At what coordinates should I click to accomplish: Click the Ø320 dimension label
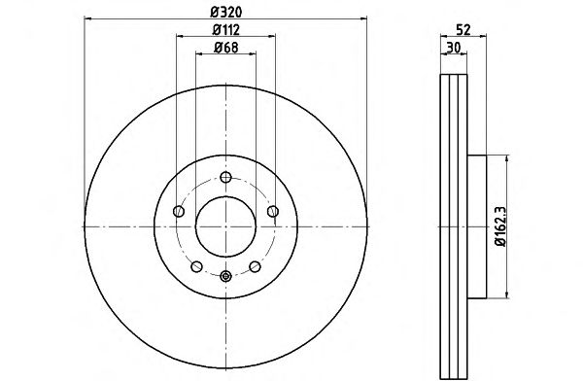click(226, 13)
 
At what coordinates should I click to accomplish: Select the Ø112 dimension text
click(226, 30)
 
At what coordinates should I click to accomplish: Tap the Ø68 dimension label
click(226, 48)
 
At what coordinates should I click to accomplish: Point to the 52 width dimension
click(463, 29)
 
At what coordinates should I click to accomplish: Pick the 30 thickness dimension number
click(454, 48)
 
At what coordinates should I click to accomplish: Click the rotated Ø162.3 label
click(500, 226)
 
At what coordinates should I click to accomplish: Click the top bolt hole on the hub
click(225, 177)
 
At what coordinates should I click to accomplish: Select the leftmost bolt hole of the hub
click(179, 211)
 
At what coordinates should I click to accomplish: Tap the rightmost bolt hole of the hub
click(273, 211)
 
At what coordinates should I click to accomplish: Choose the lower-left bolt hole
click(196, 266)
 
